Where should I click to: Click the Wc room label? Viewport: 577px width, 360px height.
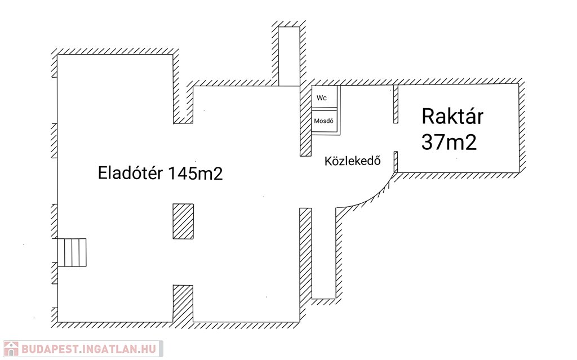[x=322, y=98]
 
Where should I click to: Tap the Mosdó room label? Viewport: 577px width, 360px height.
[x=325, y=121]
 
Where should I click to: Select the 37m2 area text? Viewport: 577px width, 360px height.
[x=449, y=141]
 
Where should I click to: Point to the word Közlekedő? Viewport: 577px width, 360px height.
[x=353, y=161]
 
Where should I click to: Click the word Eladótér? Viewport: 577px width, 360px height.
[x=131, y=173]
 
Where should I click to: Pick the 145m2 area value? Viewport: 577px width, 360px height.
[x=195, y=174]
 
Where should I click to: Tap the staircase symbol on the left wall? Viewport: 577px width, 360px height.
[x=72, y=252]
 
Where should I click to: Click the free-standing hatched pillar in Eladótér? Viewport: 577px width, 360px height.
[x=183, y=221]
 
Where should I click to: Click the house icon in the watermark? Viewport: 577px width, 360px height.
[x=11, y=349]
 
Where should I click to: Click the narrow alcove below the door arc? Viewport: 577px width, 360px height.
[x=324, y=254]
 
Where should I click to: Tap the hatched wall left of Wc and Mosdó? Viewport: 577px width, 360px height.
[x=305, y=121]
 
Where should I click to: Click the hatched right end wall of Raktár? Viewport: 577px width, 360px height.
[x=522, y=127]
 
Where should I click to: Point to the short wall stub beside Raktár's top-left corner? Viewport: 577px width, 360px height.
[x=396, y=104]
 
